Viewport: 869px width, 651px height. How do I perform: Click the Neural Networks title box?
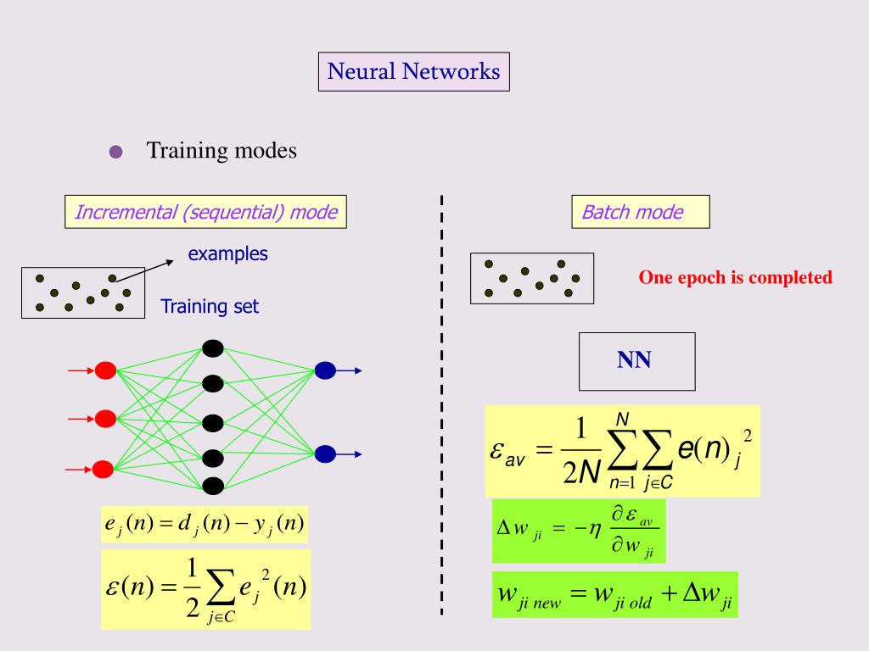414,71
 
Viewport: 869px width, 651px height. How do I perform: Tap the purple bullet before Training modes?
116,153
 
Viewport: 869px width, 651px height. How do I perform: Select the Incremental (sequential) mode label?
206,212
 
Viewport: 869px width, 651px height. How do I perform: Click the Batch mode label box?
640,212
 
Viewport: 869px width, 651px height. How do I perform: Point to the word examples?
227,253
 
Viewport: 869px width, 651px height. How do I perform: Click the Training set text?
210,307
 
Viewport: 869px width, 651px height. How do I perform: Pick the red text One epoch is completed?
735,278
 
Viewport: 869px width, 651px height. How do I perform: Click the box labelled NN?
636,361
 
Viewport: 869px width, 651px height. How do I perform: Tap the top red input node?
105,370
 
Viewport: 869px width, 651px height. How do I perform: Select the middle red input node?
105,418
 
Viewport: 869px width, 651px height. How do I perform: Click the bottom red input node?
104,468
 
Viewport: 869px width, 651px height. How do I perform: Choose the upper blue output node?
325,370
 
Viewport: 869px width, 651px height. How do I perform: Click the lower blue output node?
325,453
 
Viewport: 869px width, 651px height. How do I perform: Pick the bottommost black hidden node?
213,486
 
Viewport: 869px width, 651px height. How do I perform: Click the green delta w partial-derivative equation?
579,531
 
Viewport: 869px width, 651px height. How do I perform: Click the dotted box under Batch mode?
532,278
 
